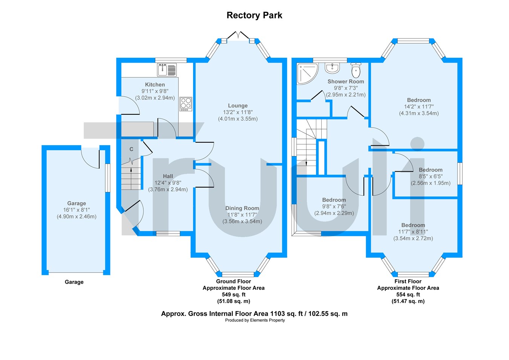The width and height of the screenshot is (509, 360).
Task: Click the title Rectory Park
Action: click(x=254, y=15)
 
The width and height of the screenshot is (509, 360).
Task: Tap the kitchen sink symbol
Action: click(x=167, y=69)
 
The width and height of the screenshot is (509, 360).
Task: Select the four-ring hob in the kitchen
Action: click(x=186, y=104)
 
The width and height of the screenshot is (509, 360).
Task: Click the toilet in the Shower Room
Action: click(x=356, y=70)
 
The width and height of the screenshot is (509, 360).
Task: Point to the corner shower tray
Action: click(x=307, y=74)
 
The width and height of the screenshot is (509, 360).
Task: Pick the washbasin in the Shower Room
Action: click(x=332, y=68)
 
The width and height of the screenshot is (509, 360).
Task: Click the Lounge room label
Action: click(x=238, y=106)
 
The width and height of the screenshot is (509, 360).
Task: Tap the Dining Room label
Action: click(x=242, y=208)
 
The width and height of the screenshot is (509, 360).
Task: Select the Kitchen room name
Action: click(x=155, y=85)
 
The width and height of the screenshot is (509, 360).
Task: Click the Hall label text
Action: click(x=168, y=176)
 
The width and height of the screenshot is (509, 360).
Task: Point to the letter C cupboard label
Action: click(x=131, y=149)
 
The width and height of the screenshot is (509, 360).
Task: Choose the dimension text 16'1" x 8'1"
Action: click(x=77, y=210)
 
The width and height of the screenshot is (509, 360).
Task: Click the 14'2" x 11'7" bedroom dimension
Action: click(x=419, y=107)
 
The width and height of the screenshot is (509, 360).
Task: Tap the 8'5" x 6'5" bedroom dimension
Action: click(x=431, y=177)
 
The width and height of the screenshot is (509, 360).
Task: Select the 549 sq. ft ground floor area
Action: click(x=234, y=294)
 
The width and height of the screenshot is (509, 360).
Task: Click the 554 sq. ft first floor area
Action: click(x=408, y=294)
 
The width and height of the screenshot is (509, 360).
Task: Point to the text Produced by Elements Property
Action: click(x=255, y=320)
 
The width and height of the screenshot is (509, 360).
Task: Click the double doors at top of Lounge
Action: click(x=238, y=35)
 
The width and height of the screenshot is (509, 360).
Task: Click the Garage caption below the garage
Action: click(x=74, y=282)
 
